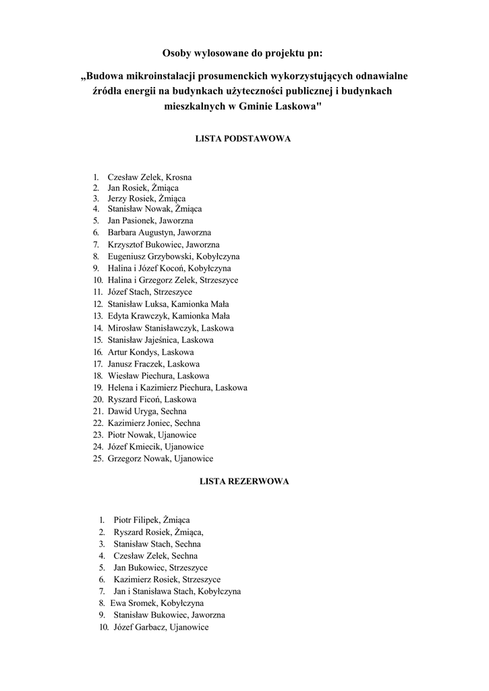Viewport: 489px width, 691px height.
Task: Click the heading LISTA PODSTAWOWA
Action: coord(243,138)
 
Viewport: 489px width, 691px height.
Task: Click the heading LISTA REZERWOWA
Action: coord(244,482)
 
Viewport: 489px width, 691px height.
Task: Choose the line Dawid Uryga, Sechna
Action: coord(147,411)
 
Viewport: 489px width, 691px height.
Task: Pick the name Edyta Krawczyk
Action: coord(138,316)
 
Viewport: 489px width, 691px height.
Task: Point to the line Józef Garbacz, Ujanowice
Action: coord(161,628)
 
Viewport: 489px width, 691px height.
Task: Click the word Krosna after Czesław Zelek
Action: coord(178,177)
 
